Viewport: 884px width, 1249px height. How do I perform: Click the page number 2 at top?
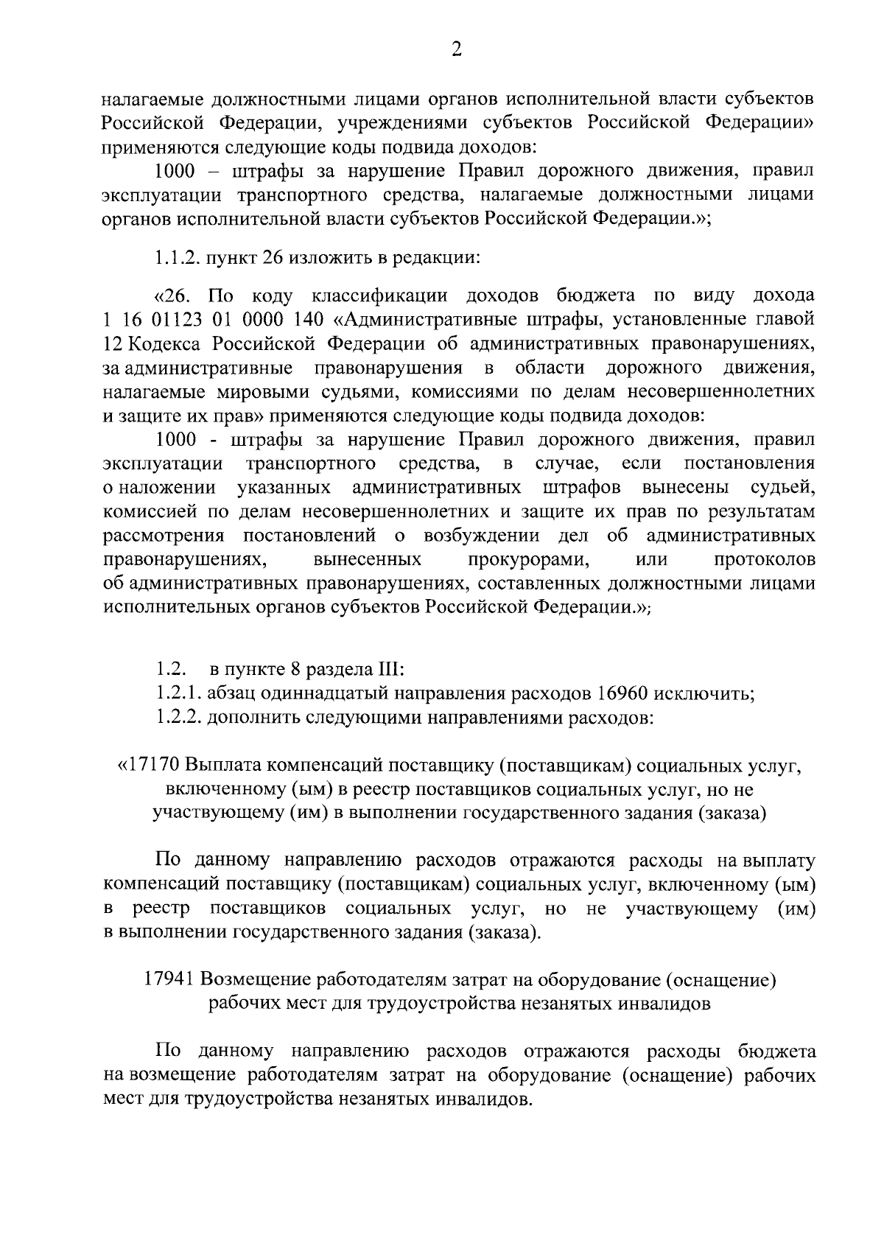coord(456,50)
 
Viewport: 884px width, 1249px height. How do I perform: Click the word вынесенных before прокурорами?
coord(367,560)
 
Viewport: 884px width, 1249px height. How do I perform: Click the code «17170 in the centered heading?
coord(150,766)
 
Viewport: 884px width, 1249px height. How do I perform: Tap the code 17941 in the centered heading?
coord(169,980)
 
